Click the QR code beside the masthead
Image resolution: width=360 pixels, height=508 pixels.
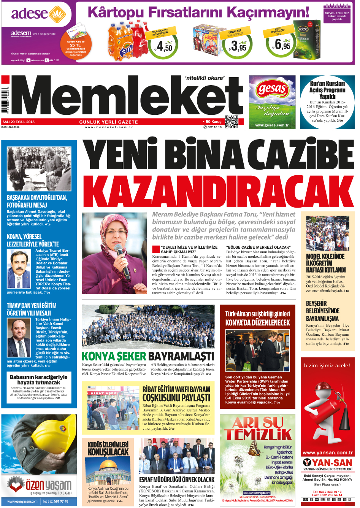[232, 122]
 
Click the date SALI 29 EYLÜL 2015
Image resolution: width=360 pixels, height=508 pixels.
[19, 122]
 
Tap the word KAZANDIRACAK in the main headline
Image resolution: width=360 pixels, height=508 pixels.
[218, 192]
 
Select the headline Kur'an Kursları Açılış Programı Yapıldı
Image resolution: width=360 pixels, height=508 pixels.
[327, 90]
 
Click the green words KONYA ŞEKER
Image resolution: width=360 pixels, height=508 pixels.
[114, 356]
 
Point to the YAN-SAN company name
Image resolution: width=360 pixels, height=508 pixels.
[332, 463]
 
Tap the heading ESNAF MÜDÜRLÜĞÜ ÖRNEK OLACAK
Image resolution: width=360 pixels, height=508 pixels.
[177, 480]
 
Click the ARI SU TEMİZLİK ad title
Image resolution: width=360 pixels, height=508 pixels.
[258, 428]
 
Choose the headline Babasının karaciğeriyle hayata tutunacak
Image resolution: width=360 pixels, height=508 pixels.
[38, 379]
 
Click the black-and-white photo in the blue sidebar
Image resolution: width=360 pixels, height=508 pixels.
[39, 169]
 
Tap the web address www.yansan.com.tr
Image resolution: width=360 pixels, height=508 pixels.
[327, 452]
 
